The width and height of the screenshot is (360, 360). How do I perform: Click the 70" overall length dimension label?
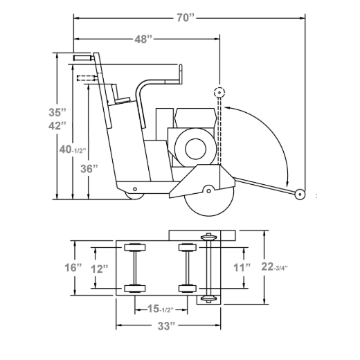186,18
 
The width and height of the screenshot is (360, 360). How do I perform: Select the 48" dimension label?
143,39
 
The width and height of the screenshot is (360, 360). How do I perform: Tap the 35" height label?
57,112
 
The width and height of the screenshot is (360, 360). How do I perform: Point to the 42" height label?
57,126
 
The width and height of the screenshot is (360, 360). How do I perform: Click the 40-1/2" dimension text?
73,150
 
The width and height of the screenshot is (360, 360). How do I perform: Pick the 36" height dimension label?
89,169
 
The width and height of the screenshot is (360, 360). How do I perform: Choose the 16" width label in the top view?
73,268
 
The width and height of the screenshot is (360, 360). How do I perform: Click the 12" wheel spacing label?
99,269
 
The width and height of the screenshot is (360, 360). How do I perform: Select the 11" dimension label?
242,268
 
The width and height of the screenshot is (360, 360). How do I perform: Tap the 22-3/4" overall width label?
274,267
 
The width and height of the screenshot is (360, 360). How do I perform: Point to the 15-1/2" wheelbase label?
160,309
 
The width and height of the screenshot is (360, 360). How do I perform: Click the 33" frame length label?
166,326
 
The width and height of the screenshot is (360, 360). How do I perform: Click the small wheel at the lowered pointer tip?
300,195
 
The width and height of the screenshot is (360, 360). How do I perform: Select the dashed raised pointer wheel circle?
219,93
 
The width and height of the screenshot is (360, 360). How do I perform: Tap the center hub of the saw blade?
208,191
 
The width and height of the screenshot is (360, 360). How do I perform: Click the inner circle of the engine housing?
195,149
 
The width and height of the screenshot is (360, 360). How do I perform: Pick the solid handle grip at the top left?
83,57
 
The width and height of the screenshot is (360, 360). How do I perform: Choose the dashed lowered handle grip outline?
87,78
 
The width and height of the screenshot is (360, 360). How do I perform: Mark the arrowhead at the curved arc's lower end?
287,183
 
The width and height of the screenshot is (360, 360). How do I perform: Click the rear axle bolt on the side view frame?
135,189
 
